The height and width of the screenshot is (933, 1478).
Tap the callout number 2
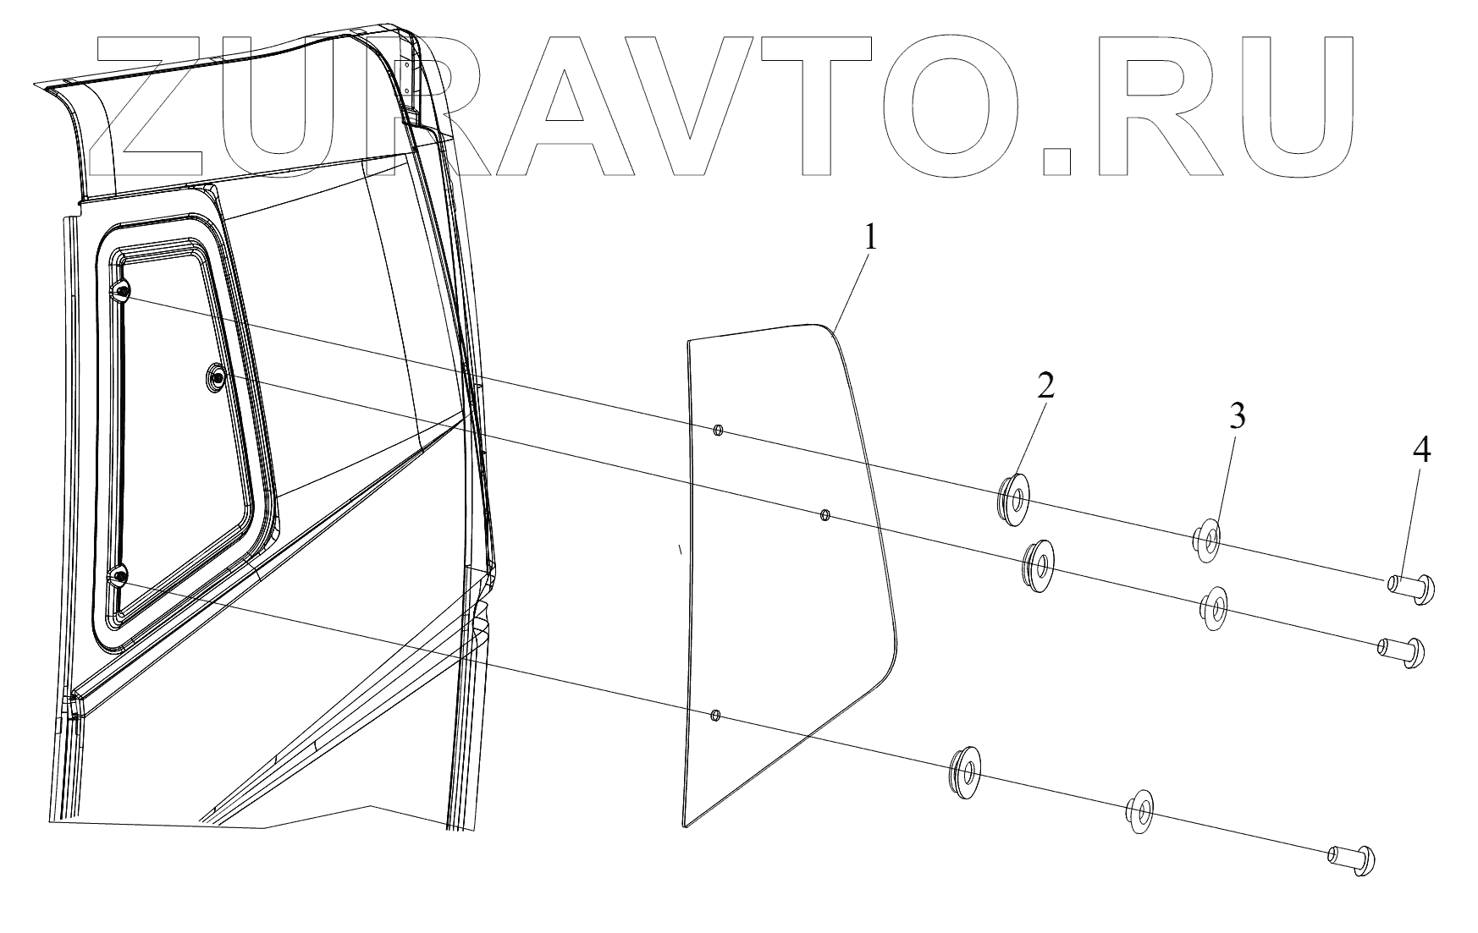point(1047,386)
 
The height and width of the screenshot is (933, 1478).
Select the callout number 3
point(1238,416)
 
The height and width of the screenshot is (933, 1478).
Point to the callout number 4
point(1421,451)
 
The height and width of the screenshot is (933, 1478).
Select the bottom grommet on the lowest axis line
point(964,771)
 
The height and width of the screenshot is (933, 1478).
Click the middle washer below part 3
point(1215,607)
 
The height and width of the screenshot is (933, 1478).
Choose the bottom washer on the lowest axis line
point(1140,813)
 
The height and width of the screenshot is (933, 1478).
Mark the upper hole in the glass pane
point(718,431)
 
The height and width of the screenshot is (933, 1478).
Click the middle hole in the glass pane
point(826,514)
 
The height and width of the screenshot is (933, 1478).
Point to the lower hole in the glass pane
point(715,716)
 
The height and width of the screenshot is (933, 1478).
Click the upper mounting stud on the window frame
point(123,292)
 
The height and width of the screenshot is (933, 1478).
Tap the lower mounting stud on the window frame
point(119,578)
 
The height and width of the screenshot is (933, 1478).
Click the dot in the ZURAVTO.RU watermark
point(1057,162)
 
